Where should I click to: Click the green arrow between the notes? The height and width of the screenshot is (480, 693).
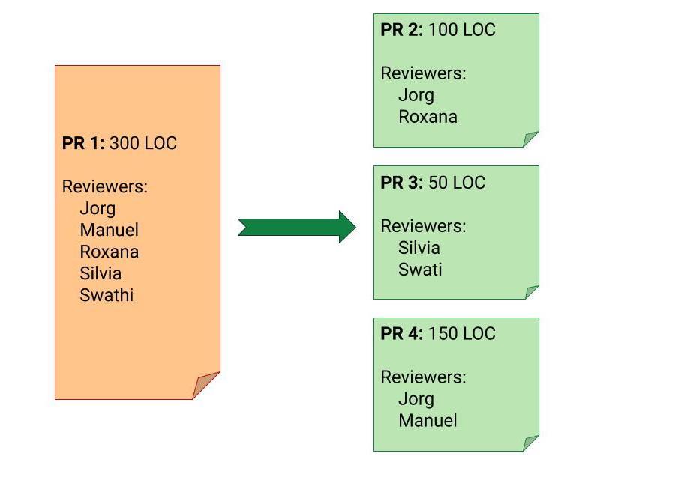click(297, 227)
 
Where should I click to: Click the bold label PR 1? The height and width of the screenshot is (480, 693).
click(83, 144)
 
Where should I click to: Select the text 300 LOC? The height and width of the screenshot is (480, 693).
click(143, 144)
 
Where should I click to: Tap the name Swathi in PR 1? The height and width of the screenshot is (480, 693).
click(106, 295)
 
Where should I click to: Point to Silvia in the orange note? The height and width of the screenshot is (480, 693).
click(100, 273)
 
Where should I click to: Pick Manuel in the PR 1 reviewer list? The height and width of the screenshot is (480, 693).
click(109, 230)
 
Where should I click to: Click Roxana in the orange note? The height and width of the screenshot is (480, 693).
click(109, 252)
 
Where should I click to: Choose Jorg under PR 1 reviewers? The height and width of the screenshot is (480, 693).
click(97, 208)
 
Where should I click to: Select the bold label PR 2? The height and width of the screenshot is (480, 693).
click(402, 30)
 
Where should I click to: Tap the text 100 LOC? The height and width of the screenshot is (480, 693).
click(462, 30)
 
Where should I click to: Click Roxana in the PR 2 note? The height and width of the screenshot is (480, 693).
click(427, 117)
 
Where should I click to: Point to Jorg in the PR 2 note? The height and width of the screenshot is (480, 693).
click(416, 95)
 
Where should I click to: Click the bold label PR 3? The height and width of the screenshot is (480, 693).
click(402, 183)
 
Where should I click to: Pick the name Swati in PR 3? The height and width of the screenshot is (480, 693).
click(420, 270)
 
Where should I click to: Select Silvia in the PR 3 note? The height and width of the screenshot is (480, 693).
click(419, 248)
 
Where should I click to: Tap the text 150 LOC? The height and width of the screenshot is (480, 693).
click(462, 334)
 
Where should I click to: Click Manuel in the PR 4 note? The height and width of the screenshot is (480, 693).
click(427, 421)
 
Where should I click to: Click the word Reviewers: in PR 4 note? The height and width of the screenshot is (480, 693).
click(423, 377)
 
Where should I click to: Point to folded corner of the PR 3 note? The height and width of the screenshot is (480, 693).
click(531, 292)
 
